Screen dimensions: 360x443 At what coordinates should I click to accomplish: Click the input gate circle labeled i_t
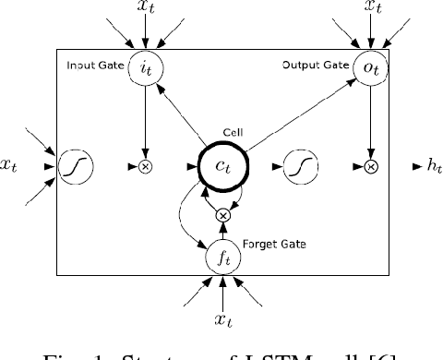(x=146, y=67)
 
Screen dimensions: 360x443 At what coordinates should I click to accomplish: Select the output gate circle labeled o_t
(x=370, y=67)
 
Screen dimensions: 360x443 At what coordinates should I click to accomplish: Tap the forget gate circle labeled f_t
(x=221, y=259)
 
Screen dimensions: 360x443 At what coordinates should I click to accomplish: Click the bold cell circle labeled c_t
(x=221, y=167)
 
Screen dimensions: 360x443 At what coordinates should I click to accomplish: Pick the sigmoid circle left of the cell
(x=73, y=167)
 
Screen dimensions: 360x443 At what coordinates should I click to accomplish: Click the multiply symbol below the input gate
(x=146, y=167)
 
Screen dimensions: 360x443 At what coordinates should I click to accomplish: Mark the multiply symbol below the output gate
(x=370, y=167)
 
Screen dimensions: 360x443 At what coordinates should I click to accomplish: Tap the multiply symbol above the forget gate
(x=221, y=215)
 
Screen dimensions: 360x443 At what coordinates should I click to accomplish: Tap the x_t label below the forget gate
(x=221, y=319)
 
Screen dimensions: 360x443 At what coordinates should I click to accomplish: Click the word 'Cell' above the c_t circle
(x=221, y=132)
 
